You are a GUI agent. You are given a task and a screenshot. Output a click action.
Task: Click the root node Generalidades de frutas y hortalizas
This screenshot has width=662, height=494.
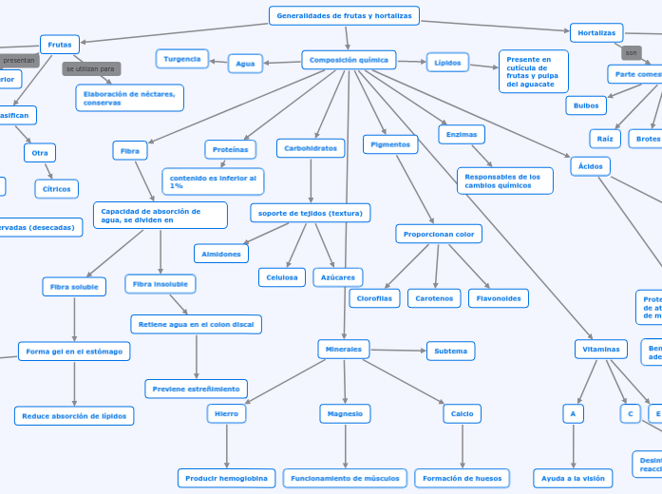pyautogui.click(x=344, y=15)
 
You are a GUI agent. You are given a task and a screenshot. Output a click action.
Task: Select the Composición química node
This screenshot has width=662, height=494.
pyautogui.click(x=349, y=60)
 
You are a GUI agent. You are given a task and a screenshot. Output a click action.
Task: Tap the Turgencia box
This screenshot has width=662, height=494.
pyautogui.click(x=182, y=59)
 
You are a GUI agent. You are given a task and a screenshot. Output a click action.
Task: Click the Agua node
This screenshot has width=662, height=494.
pyautogui.click(x=245, y=64)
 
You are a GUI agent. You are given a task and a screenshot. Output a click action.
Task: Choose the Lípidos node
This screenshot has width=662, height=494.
pyautogui.click(x=447, y=63)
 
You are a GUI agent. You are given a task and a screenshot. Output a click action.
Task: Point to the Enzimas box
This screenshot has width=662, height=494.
pyautogui.click(x=462, y=134)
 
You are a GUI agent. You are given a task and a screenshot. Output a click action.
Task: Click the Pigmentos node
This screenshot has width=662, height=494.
pyautogui.click(x=390, y=144)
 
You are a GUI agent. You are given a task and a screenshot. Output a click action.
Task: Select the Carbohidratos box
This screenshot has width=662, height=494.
pyautogui.click(x=311, y=148)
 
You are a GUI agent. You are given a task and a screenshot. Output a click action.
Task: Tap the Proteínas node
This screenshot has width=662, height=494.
pyautogui.click(x=230, y=149)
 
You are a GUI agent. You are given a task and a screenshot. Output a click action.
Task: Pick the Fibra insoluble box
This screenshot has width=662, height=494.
pyautogui.click(x=161, y=284)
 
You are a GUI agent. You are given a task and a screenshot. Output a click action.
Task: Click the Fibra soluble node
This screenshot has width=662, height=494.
pyautogui.click(x=74, y=286)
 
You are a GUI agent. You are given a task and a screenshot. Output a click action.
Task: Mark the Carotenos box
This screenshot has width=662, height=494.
pyautogui.click(x=434, y=298)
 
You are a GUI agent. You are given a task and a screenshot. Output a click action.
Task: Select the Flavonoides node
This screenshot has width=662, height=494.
pyautogui.click(x=498, y=298)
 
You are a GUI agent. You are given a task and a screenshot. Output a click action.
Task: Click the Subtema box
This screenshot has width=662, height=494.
pyautogui.click(x=450, y=351)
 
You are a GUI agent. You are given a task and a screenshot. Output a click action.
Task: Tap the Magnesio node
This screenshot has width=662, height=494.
pyautogui.click(x=345, y=413)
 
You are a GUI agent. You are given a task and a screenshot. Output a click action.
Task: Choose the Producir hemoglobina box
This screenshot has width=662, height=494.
pyautogui.click(x=227, y=478)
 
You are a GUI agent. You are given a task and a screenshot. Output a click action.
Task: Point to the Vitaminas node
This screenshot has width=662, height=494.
pyautogui.click(x=600, y=349)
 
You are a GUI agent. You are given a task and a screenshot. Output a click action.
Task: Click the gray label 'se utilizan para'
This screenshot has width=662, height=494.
pyautogui.click(x=91, y=69)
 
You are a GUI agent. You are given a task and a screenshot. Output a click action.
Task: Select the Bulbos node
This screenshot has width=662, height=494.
pyautogui.click(x=586, y=105)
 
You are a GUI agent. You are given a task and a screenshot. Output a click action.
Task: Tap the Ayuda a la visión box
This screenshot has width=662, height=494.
pyautogui.click(x=573, y=478)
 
